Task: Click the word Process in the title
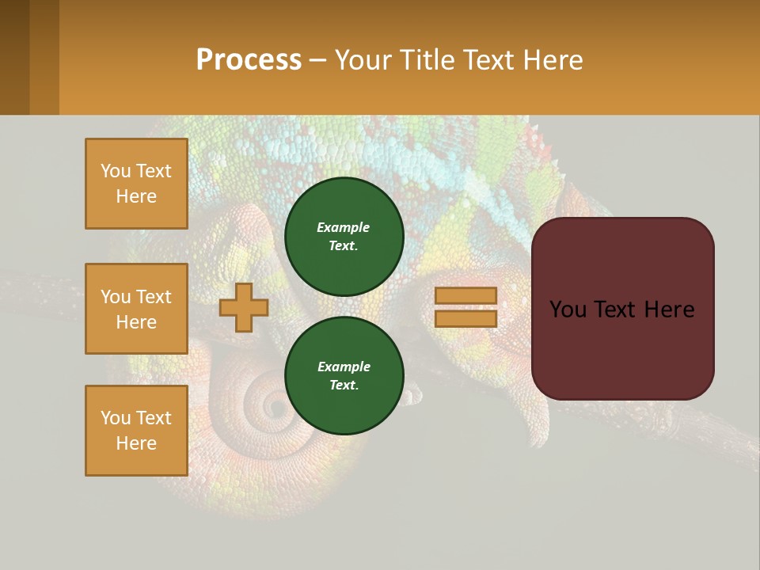tap(249, 60)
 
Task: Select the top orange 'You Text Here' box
tap(136, 184)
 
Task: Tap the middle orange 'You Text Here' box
tap(136, 309)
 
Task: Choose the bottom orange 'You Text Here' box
tap(136, 431)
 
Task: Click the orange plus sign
tap(244, 307)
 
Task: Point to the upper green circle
tap(344, 237)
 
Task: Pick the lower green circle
tap(344, 376)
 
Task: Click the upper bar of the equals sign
tap(465, 296)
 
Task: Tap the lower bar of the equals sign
tap(465, 319)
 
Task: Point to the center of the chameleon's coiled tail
tap(276, 407)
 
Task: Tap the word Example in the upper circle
tap(344, 227)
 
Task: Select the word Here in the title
tap(554, 60)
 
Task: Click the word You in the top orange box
tap(116, 171)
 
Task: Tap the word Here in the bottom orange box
tap(136, 443)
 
